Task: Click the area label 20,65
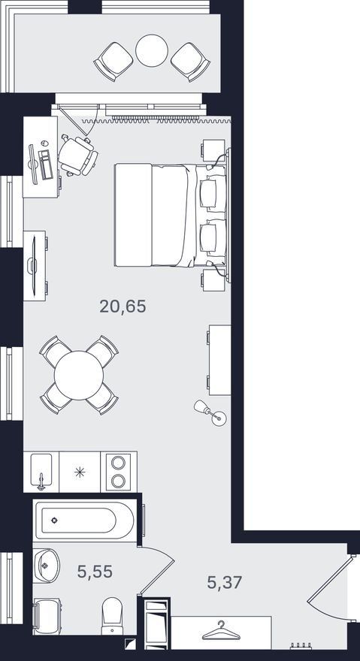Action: coord(123,306)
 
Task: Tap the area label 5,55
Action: coord(95,572)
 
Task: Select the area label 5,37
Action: coord(225,583)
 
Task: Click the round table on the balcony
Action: coord(152,50)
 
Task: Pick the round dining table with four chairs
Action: coord(79,375)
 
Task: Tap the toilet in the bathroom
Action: coord(112,615)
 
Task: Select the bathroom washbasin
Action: coord(46,566)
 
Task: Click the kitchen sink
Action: coord(41,471)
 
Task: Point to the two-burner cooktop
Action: coord(119,471)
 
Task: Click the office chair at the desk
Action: coord(78,155)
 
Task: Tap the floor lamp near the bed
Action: coord(210,412)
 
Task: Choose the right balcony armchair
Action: coord(191,62)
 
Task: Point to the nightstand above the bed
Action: coord(213,150)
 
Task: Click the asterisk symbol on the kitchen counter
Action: coord(80,472)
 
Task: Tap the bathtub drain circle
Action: coord(54,521)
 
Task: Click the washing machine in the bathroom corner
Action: coord(47,616)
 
